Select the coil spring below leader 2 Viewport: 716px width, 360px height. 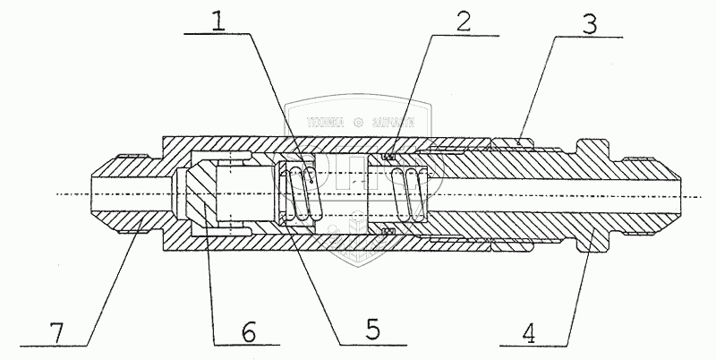(413, 193)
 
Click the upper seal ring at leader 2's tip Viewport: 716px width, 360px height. (388, 159)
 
